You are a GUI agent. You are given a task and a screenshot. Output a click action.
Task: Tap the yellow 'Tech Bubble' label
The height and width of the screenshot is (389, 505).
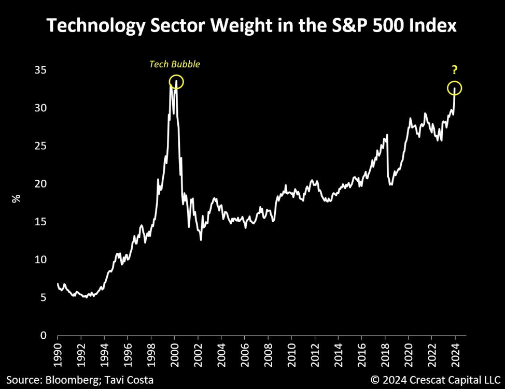coord(175,64)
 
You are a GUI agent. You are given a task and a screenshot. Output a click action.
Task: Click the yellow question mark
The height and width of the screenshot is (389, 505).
coord(455,70)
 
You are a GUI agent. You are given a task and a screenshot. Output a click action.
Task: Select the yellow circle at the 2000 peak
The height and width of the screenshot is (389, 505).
coord(175,82)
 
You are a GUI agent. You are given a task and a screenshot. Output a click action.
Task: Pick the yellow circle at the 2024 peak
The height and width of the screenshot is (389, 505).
coord(455,88)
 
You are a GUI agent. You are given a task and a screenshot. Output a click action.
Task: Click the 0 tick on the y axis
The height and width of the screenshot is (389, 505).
coord(44,336)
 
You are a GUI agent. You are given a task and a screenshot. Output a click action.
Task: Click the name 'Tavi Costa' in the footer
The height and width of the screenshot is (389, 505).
coord(130,380)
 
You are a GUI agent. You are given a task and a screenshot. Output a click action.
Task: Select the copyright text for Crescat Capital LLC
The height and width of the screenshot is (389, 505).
coord(436,380)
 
